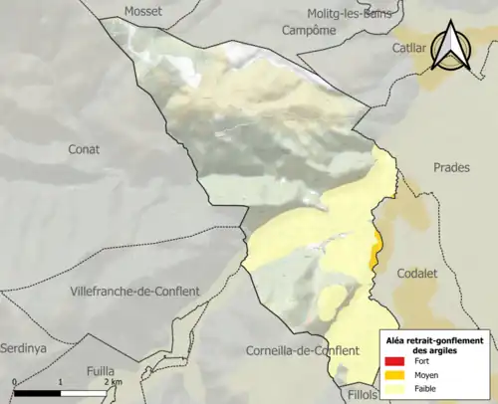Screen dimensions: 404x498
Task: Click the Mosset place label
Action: [143, 11]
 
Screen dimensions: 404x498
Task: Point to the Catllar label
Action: [407, 47]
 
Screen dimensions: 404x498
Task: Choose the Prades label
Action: [450, 167]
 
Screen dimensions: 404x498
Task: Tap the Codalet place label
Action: [417, 273]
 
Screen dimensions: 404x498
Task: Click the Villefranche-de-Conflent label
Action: [135, 291]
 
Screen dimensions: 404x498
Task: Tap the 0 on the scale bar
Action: [15, 382]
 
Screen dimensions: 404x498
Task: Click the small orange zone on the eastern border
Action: [374, 247]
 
